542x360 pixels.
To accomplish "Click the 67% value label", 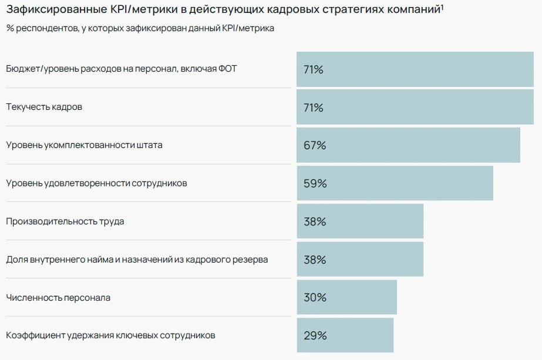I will coord(314,145).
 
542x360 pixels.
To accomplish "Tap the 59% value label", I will coord(315,183).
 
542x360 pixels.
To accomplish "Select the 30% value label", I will coord(314,298).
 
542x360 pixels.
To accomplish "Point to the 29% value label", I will coord(314,336).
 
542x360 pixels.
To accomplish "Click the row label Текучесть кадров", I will coord(44,107).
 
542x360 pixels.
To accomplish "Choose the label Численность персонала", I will coord(58,298).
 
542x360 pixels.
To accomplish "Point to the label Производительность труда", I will coord(65,221).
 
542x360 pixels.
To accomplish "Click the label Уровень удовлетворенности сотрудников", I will coord(96,183).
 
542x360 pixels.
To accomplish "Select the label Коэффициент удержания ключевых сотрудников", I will coord(110,336).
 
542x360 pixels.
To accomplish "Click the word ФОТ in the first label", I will coord(227,69).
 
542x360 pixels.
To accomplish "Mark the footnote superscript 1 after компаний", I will coord(442,7).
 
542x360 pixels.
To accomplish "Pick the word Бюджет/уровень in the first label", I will coord(37,69).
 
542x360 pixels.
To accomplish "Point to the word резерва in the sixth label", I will coord(253,260).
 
